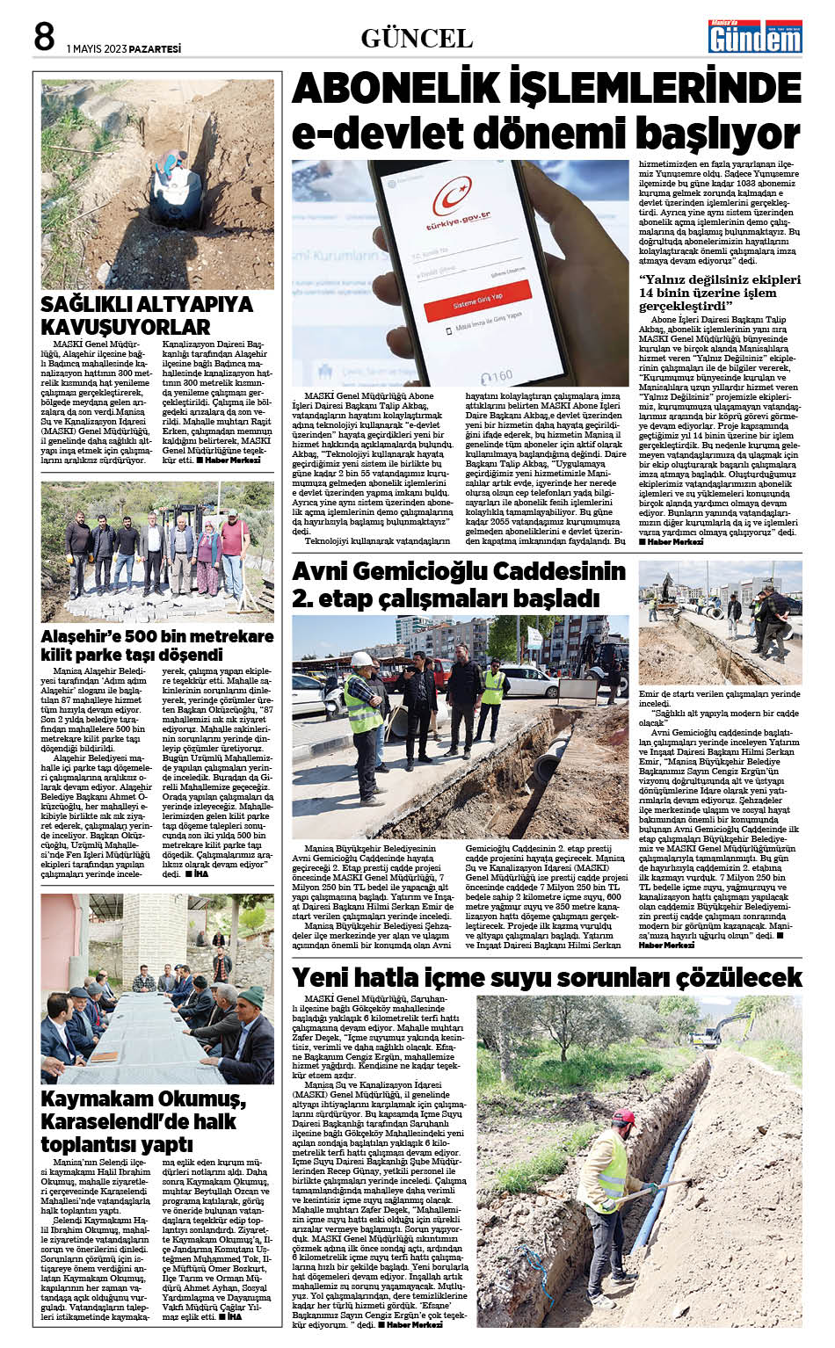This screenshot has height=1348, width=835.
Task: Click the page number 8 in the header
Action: click(44, 37)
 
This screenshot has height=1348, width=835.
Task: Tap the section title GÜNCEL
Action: click(417, 39)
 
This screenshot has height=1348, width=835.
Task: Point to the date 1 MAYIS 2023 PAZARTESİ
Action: click(124, 49)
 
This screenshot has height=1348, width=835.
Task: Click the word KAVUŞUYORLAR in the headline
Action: click(126, 327)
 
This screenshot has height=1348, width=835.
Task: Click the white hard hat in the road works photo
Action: click(362, 659)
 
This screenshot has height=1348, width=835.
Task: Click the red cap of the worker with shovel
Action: click(623, 1116)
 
